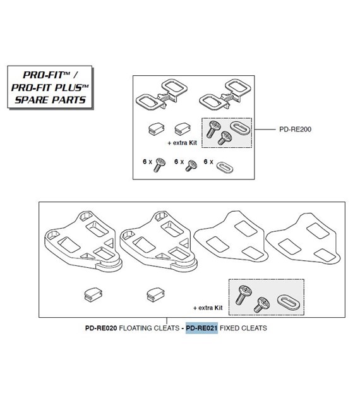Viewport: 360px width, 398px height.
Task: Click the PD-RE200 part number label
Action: (295, 130)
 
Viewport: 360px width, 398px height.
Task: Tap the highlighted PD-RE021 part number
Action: (201, 328)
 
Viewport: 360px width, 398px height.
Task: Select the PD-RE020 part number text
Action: (101, 328)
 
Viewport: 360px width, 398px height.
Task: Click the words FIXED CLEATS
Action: (243, 328)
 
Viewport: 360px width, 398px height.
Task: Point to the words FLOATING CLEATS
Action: (149, 328)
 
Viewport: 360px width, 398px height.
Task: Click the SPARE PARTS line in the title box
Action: (51, 100)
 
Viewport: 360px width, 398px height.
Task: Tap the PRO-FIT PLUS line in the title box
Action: (50, 87)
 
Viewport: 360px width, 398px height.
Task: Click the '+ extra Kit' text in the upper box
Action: (182, 143)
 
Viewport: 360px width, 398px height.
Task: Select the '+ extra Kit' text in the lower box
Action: (208, 308)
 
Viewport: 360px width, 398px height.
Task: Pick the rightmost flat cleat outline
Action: (303, 240)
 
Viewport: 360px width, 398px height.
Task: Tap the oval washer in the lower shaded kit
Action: (289, 302)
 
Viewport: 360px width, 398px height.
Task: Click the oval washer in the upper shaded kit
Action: (240, 128)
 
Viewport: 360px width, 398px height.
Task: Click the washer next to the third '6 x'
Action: (224, 167)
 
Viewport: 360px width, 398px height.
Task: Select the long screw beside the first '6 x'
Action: (159, 165)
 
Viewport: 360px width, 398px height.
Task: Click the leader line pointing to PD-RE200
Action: (265, 130)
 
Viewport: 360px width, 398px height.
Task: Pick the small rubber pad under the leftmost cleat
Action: (93, 295)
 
